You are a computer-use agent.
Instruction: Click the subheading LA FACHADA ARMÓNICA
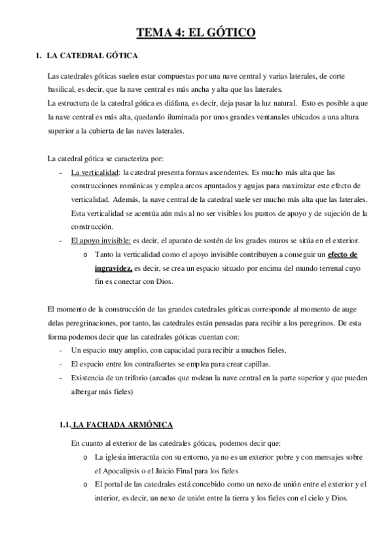click(122, 425)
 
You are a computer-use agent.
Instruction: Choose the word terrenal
click(323, 268)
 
